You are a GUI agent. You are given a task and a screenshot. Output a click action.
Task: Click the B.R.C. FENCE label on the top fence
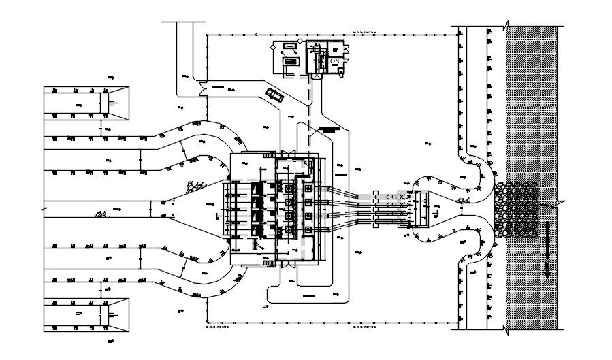(364, 31)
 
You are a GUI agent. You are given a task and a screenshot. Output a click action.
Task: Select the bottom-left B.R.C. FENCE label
(217, 327)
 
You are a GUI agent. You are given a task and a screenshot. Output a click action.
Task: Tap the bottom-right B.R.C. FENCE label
(364, 327)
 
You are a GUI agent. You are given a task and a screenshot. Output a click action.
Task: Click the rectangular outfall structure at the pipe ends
(422, 209)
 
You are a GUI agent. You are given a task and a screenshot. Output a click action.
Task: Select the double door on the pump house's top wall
(285, 153)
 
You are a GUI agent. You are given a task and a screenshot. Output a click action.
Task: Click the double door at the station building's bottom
(314, 78)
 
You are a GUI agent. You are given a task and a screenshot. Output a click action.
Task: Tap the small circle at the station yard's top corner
(274, 47)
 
